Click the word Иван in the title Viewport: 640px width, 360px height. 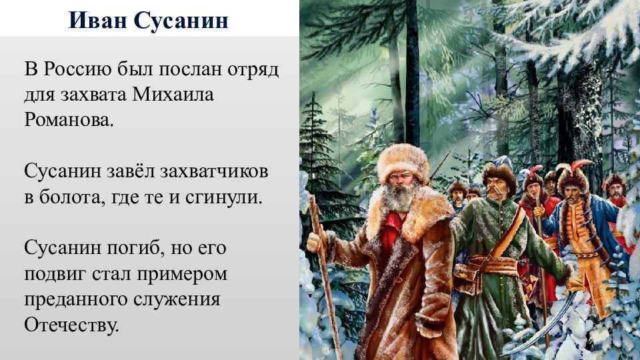pyautogui.click(x=97, y=19)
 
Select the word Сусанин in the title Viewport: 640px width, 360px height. pyautogui.click(x=181, y=19)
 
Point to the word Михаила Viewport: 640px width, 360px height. pyautogui.click(x=173, y=95)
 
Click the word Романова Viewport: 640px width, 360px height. pyautogui.click(x=69, y=120)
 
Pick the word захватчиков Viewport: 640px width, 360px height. pyautogui.click(x=214, y=171)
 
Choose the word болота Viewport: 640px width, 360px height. pyautogui.click(x=70, y=197)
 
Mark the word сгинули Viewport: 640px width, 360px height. pyautogui.click(x=223, y=197)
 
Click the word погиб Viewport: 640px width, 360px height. pyautogui.click(x=135, y=249)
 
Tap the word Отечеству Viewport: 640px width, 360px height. pyautogui.click(x=71, y=325)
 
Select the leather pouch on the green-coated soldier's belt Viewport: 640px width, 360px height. pyautogui.click(x=467, y=277)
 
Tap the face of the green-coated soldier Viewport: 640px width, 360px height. pyautogui.click(x=495, y=189)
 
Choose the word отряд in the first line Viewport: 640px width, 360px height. pyautogui.click(x=253, y=69)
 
